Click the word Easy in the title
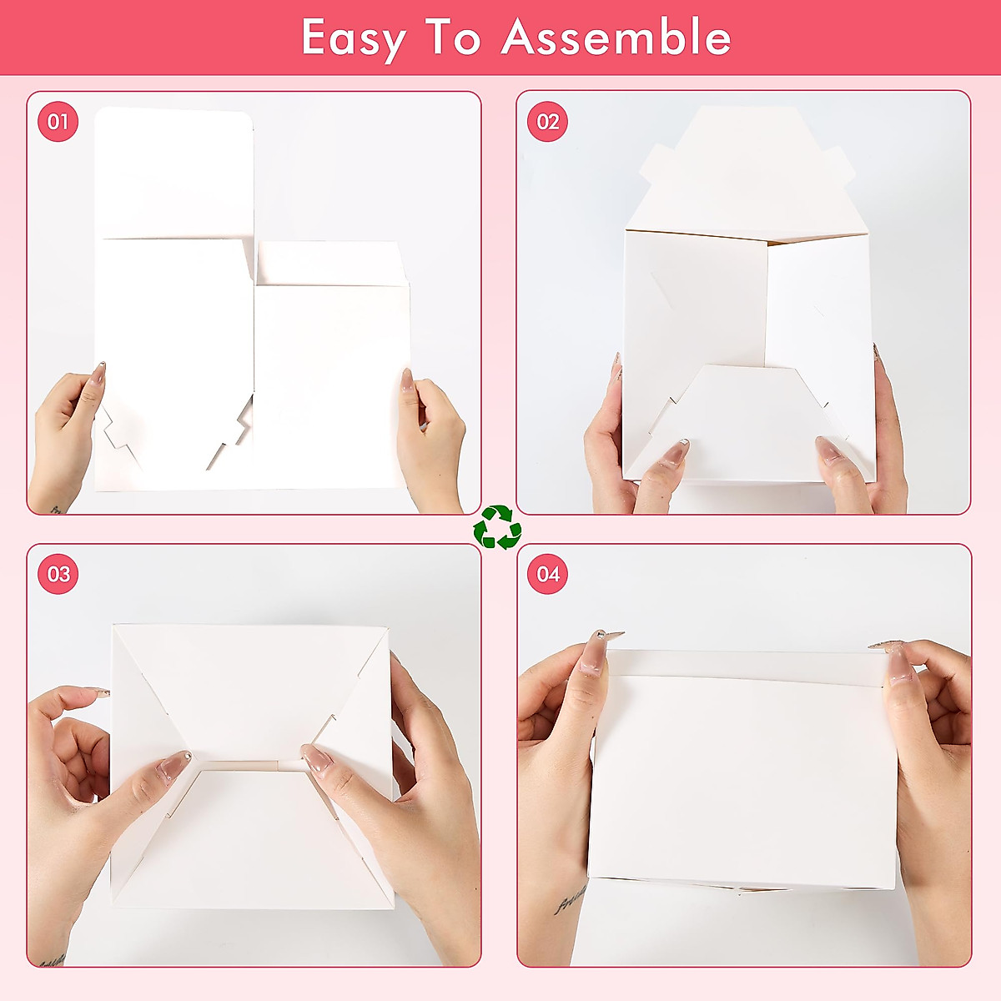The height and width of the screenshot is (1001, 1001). pos(354,38)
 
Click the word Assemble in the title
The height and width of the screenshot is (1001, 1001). pos(616,37)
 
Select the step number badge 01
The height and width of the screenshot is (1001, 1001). pos(58,122)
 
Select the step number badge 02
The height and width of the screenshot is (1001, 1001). pos(547,122)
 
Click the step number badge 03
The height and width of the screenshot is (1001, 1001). pos(58,574)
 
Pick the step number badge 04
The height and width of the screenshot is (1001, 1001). pos(547,574)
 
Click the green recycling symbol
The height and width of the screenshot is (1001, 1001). pos(497,527)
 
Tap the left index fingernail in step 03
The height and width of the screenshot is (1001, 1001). pos(174,763)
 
